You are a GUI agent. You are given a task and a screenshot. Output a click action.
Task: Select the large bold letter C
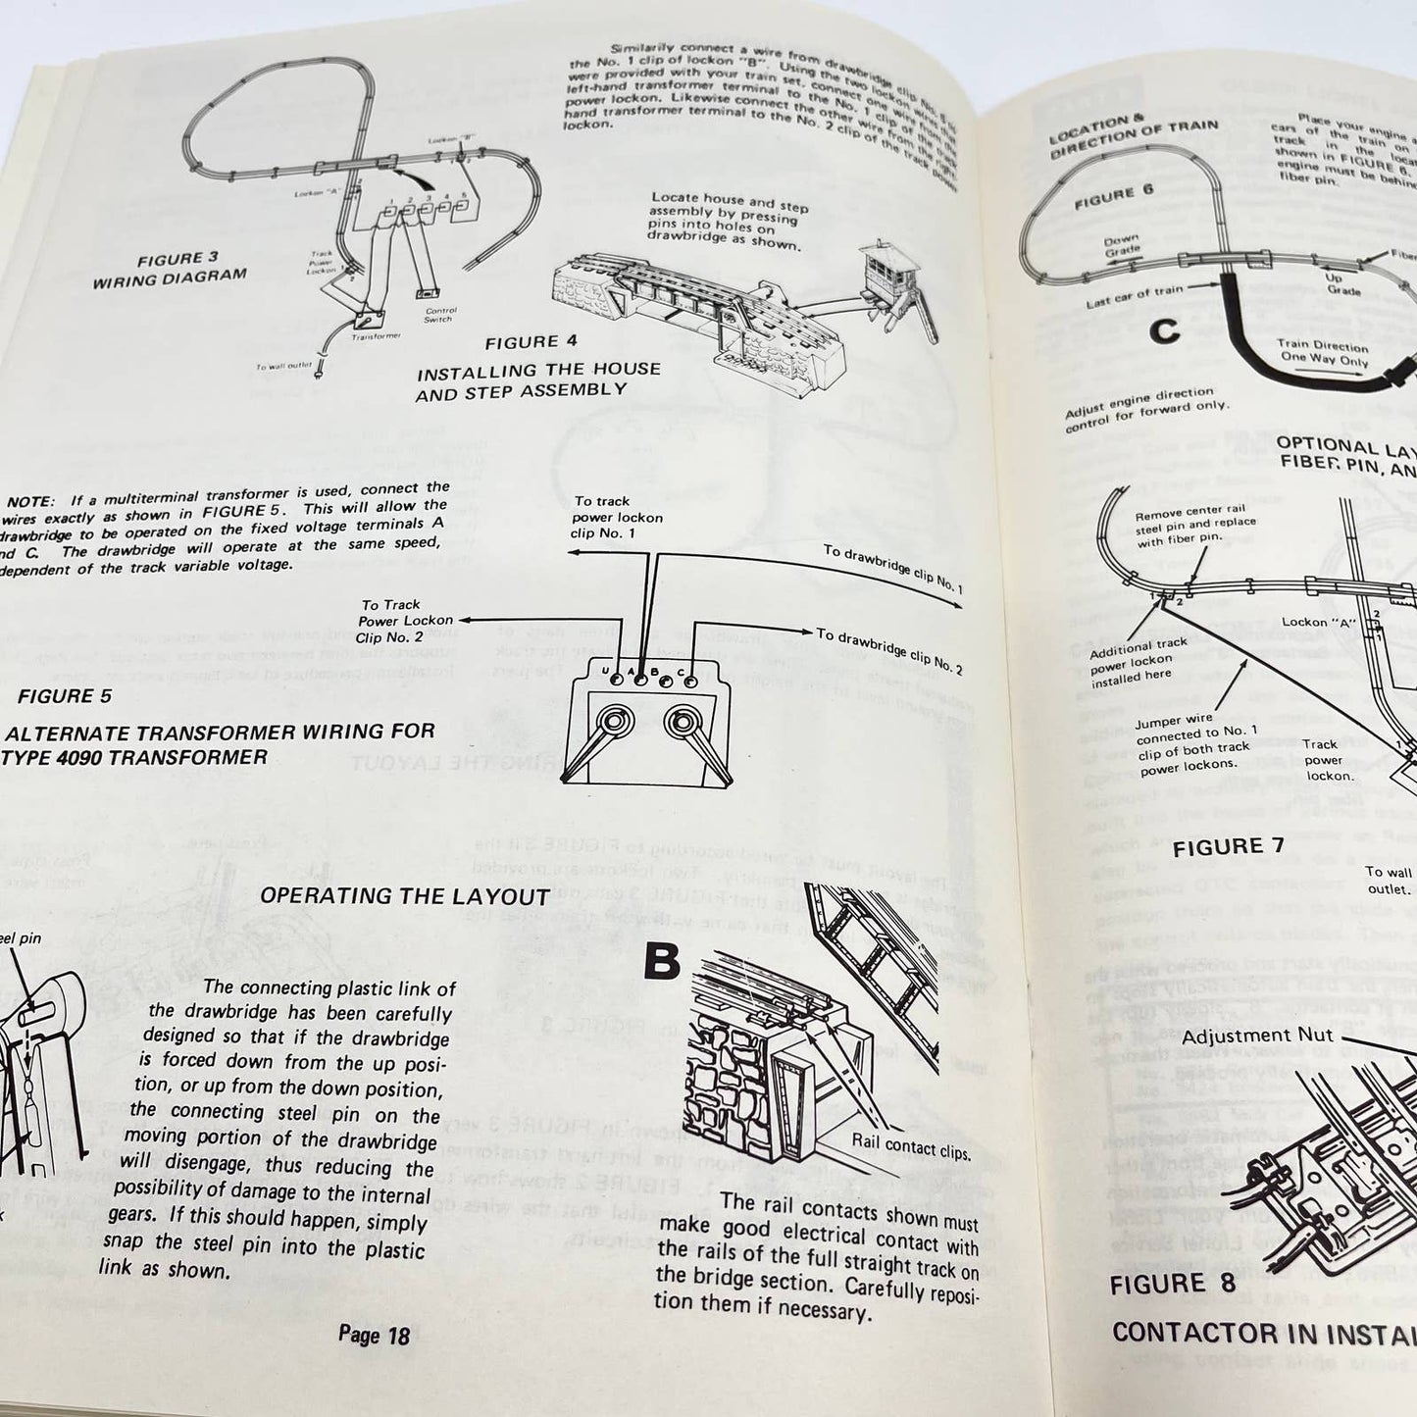coord(1165,331)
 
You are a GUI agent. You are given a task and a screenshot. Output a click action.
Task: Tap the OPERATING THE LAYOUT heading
coord(405,896)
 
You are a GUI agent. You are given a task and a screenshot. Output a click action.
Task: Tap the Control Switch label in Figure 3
coord(438,313)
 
